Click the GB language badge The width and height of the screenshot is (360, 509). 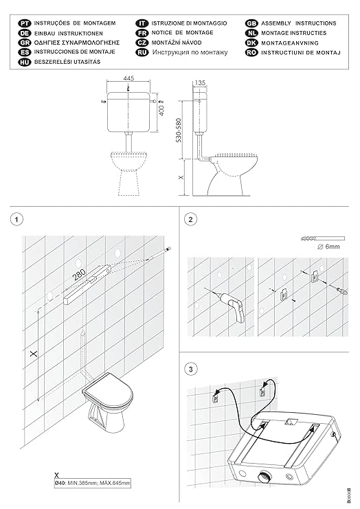coord(251,23)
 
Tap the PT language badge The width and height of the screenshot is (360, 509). coord(24,23)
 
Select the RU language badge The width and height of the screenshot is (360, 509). coord(142,52)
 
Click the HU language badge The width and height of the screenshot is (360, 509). coord(24,62)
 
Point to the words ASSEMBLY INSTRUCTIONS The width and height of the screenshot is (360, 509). coord(299,23)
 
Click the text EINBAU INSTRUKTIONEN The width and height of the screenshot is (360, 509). coord(69,33)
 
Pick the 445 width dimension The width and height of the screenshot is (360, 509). coord(128,78)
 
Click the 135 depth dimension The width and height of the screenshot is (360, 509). coord(200,83)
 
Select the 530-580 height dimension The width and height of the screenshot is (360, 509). coord(179,131)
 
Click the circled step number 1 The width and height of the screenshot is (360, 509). coord(17,219)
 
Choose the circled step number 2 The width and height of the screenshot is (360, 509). coord(190,219)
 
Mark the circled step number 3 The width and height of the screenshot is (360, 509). coord(190,369)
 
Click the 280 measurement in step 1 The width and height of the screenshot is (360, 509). coord(79,274)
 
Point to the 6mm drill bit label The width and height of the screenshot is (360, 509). coord(328,247)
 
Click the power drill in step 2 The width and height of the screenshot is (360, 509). coord(232,305)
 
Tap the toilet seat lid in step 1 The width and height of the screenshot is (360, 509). coord(108,392)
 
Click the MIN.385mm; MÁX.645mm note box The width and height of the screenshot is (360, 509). coord(93,483)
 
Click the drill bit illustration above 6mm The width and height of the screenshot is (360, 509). coord(323,238)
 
